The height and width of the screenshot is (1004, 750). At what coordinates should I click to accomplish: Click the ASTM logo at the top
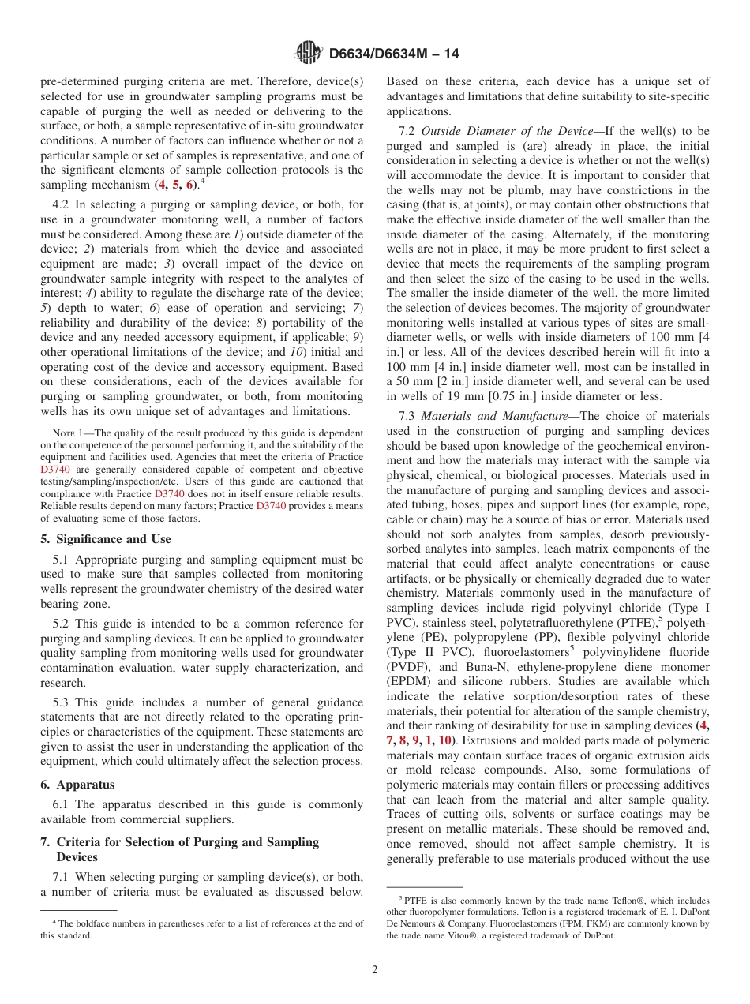click(308, 54)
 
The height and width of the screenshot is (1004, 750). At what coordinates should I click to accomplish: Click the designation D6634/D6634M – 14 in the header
click(393, 54)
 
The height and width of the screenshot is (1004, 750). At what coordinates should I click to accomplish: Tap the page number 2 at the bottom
click(375, 970)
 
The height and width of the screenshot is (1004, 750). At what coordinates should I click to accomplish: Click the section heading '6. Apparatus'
click(77, 785)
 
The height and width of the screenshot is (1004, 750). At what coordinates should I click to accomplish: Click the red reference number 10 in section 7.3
click(446, 740)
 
